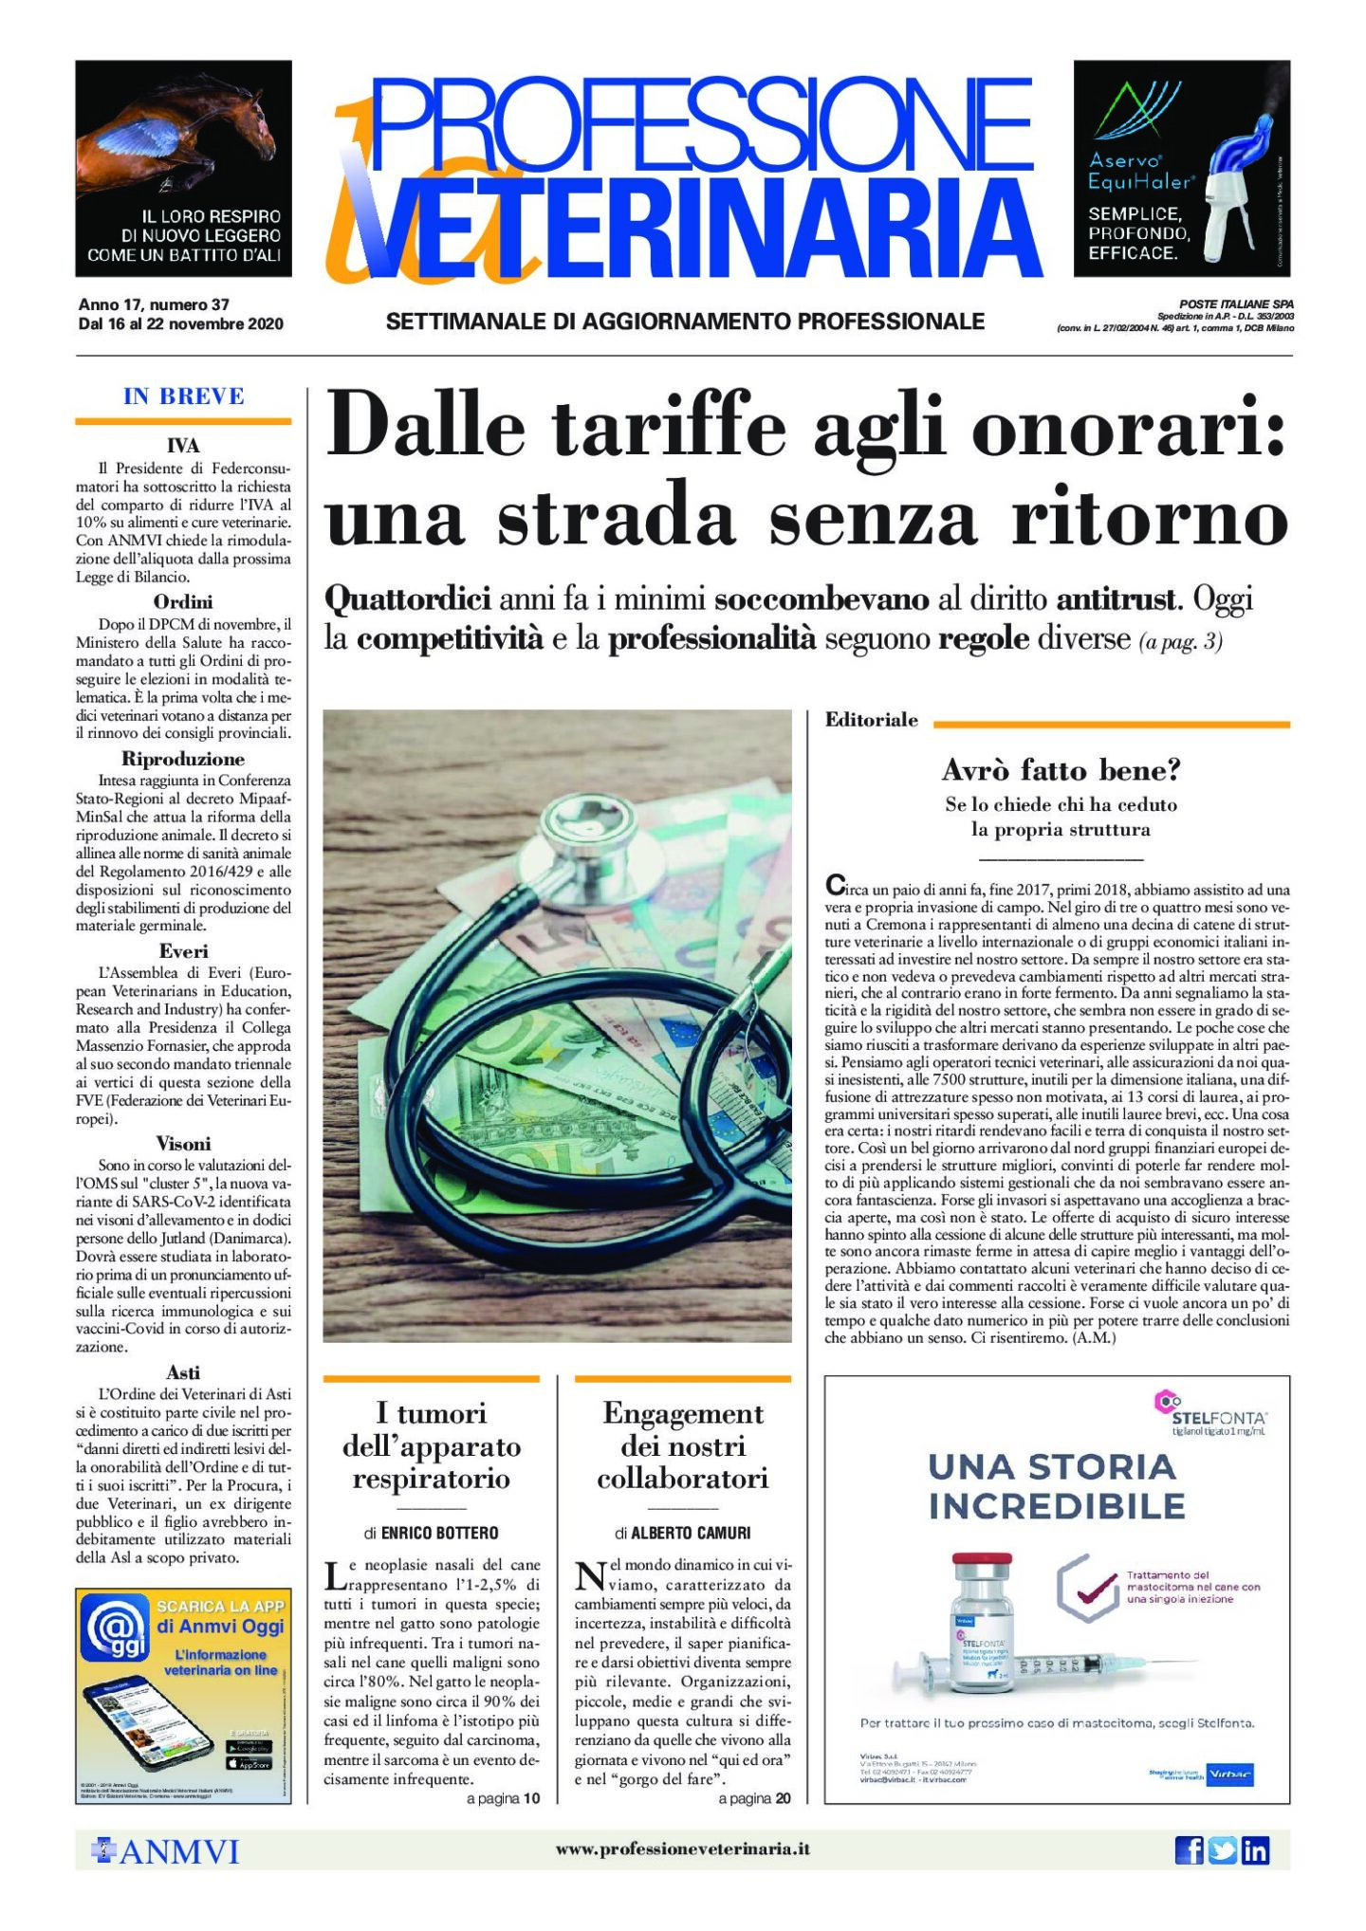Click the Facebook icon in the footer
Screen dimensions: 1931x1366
pyautogui.click(x=1189, y=1849)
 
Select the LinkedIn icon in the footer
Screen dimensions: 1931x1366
pyautogui.click(x=1255, y=1849)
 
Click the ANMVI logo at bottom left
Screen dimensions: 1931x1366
pyautogui.click(x=165, y=1850)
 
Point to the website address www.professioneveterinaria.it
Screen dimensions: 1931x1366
pyautogui.click(x=682, y=1848)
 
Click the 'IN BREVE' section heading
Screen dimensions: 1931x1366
pyautogui.click(x=183, y=396)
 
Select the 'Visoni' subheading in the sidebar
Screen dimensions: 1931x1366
pyautogui.click(x=183, y=1144)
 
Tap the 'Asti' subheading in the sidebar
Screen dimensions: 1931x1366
pyautogui.click(x=183, y=1372)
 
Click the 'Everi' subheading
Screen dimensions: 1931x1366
pyautogui.click(x=183, y=951)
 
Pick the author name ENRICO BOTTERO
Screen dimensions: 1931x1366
pyautogui.click(x=439, y=1534)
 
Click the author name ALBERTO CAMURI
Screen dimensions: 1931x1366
pyautogui.click(x=691, y=1534)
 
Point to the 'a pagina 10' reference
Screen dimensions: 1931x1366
pyautogui.click(x=503, y=1798)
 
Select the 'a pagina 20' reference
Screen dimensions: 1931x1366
pyautogui.click(x=754, y=1798)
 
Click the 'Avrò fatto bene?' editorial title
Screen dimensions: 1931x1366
pyautogui.click(x=1061, y=769)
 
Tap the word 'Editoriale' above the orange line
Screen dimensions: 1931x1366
pyautogui.click(x=871, y=720)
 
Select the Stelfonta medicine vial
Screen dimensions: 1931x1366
pyautogui.click(x=983, y=1624)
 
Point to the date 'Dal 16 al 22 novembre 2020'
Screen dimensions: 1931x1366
pyautogui.click(x=180, y=324)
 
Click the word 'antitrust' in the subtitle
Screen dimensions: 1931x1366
pyautogui.click(x=1117, y=599)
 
